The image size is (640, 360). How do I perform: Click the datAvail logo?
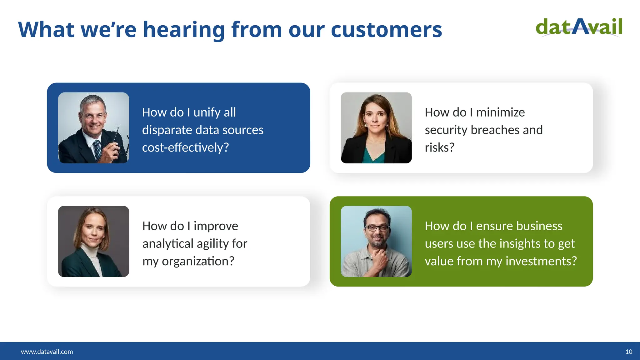pyautogui.click(x=579, y=27)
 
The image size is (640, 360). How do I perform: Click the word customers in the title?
pyautogui.click(x=386, y=30)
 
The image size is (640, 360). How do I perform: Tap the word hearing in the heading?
pyautogui.click(x=184, y=30)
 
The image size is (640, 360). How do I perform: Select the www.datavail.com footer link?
pyautogui.click(x=47, y=352)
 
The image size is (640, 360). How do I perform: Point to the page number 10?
pyautogui.click(x=629, y=352)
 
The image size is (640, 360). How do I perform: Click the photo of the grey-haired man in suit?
pyautogui.click(x=93, y=127)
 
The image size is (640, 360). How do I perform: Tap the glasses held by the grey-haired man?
pyautogui.click(x=120, y=142)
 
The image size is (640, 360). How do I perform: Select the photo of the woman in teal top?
pyautogui.click(x=376, y=127)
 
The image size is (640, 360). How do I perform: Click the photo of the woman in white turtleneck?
pyautogui.click(x=93, y=241)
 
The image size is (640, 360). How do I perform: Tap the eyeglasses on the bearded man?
pyautogui.click(x=377, y=228)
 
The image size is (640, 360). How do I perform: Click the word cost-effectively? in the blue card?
pyautogui.click(x=185, y=147)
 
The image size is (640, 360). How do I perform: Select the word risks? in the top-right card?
pyautogui.click(x=439, y=147)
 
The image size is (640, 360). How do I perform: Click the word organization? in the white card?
pyautogui.click(x=198, y=261)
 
